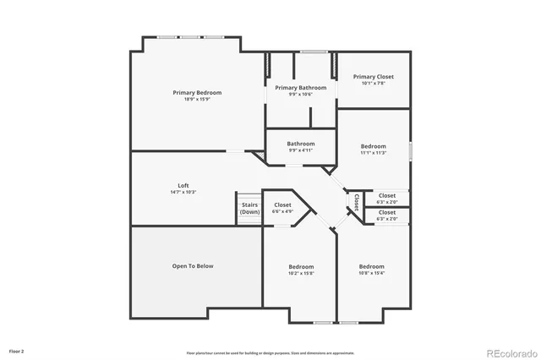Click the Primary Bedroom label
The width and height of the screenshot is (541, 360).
pyautogui.click(x=197, y=92)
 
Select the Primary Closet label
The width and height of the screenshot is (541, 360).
pyautogui.click(x=373, y=77)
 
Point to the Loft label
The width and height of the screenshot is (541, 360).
pyautogui.click(x=183, y=185)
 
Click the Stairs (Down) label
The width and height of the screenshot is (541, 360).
pyautogui.click(x=249, y=208)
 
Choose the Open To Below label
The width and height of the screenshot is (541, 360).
pyautogui.click(x=193, y=266)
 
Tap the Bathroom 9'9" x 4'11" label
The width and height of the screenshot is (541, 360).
pyautogui.click(x=300, y=144)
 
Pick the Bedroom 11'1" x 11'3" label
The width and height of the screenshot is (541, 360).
pyautogui.click(x=373, y=146)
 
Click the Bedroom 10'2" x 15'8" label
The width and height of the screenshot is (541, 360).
pyautogui.click(x=300, y=267)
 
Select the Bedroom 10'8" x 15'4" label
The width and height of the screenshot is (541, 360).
pyautogui.click(x=371, y=267)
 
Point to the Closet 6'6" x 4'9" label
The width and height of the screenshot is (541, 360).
pyautogui.click(x=282, y=205)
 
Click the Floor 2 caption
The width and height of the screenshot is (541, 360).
pyautogui.click(x=17, y=350)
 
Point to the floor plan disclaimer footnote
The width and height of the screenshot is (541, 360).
pyautogui.click(x=270, y=352)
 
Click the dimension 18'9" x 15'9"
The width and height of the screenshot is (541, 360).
pyautogui.click(x=197, y=99)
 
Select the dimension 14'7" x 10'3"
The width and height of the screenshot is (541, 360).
pyautogui.click(x=183, y=192)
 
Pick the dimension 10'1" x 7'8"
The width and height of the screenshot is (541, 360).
pyautogui.click(x=373, y=84)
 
